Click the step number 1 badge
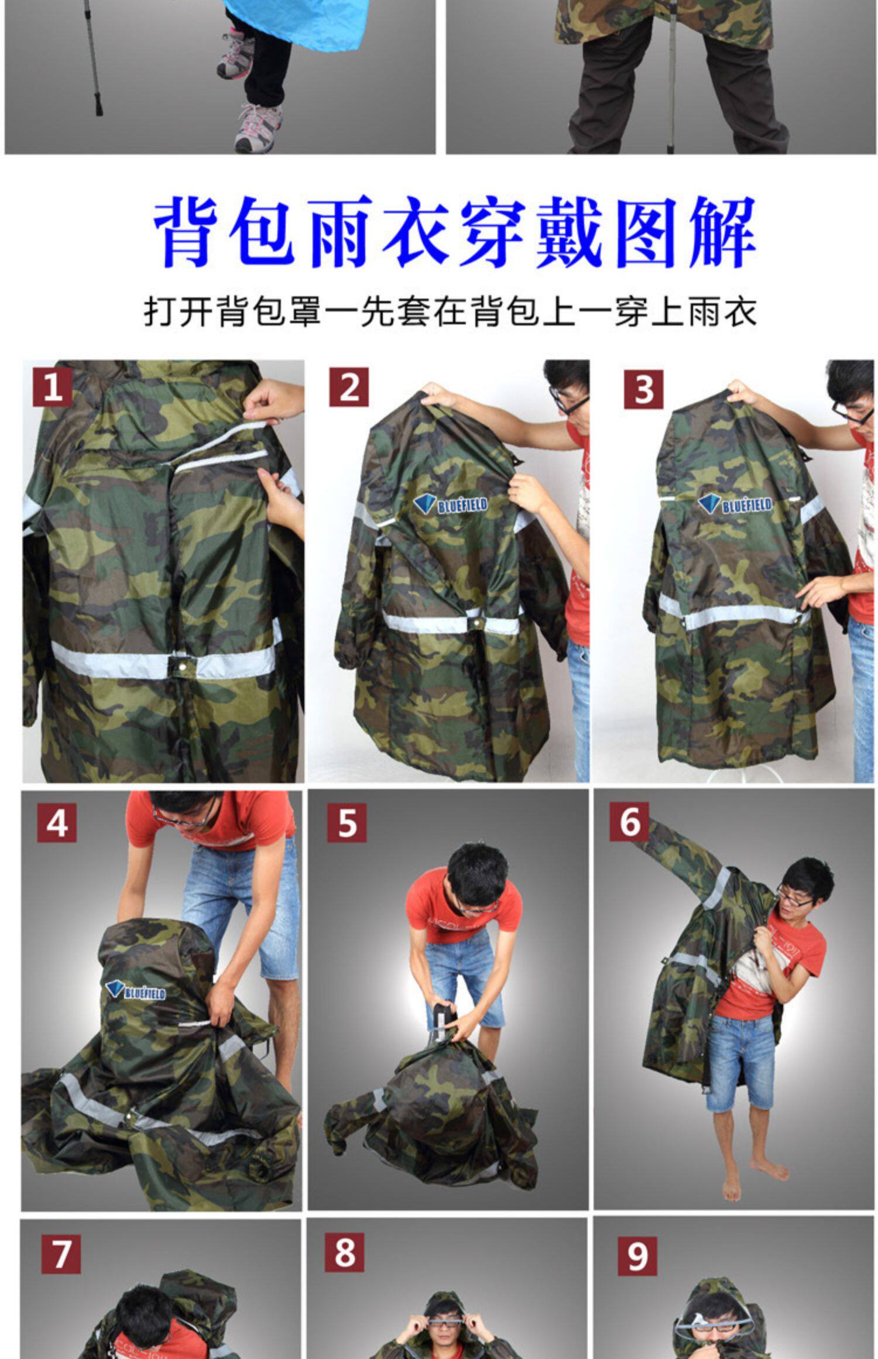pyautogui.click(x=53, y=387)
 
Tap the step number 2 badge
pyautogui.click(x=349, y=387)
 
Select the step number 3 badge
pyautogui.click(x=643, y=389)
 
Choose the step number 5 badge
pyautogui.click(x=347, y=822)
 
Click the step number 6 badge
pyautogui.click(x=629, y=821)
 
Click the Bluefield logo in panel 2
pyautogui.click(x=450, y=504)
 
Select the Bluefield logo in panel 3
pyautogui.click(x=735, y=504)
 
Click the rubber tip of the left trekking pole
pyautogui.click(x=98, y=106)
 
